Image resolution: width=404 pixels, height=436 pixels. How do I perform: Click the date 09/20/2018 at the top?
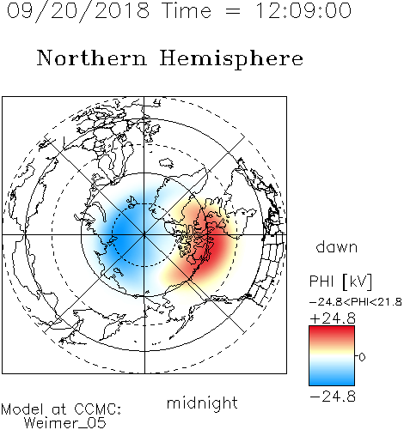[78, 11]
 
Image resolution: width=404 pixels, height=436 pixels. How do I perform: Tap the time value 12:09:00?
[303, 10]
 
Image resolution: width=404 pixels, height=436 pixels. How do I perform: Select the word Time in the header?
[187, 10]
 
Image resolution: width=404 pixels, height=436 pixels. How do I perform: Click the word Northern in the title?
[92, 58]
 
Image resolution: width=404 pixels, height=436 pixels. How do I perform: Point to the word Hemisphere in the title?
[231, 59]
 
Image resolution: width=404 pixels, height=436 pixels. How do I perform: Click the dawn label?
[337, 246]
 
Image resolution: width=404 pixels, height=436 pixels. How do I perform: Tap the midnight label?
[202, 403]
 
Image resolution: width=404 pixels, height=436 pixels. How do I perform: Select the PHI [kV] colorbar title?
[340, 282]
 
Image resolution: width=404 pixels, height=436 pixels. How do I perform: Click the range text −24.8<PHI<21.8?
[356, 302]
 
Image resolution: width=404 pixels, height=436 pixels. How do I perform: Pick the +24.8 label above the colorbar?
[333, 318]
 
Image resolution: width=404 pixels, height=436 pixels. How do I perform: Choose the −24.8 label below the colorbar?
[333, 397]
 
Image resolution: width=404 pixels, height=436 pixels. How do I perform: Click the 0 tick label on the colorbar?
[362, 357]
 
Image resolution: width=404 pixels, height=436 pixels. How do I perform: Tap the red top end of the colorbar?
[332, 329]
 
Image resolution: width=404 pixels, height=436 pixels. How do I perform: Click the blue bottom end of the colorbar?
[332, 383]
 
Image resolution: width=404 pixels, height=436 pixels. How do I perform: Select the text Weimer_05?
[65, 422]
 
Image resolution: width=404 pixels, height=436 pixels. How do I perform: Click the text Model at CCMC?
[61, 409]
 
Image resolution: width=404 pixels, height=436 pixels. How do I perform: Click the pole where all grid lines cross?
[144, 235]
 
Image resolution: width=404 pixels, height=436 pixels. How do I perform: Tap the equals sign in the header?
[233, 12]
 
